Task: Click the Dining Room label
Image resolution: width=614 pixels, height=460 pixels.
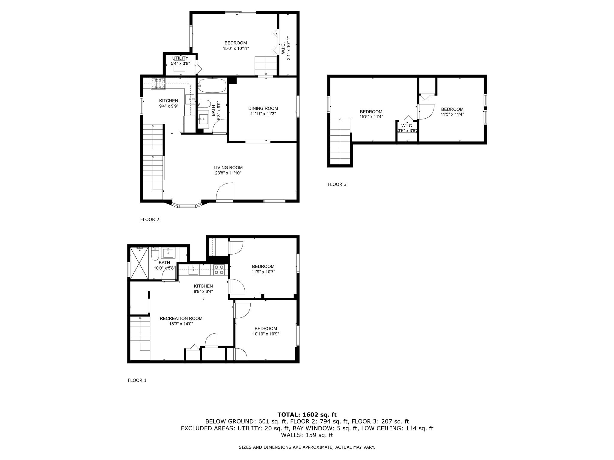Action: pyautogui.click(x=263, y=108)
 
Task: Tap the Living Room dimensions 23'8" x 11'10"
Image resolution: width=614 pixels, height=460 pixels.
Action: pyautogui.click(x=228, y=173)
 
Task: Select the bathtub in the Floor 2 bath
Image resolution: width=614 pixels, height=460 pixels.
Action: pyautogui.click(x=212, y=86)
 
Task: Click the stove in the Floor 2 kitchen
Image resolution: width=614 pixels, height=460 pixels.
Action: pyautogui.click(x=158, y=83)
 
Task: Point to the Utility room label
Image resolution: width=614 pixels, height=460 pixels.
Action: pyautogui.click(x=180, y=58)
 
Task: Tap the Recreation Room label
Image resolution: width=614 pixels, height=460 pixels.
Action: pyautogui.click(x=181, y=318)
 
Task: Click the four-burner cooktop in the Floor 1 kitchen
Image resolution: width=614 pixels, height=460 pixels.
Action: pyautogui.click(x=219, y=270)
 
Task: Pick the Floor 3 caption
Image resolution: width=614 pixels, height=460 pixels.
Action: pyautogui.click(x=337, y=184)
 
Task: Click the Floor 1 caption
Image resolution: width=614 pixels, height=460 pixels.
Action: pyautogui.click(x=137, y=380)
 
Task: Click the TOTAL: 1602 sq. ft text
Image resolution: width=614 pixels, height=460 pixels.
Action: pyautogui.click(x=307, y=415)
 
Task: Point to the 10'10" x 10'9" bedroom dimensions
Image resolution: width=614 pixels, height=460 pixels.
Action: pyautogui.click(x=265, y=334)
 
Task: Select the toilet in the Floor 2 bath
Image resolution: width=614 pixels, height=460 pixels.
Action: pyautogui.click(x=204, y=104)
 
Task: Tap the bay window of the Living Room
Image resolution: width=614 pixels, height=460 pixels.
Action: pyautogui.click(x=186, y=205)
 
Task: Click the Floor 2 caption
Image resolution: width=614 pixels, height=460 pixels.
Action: pyautogui.click(x=150, y=220)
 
